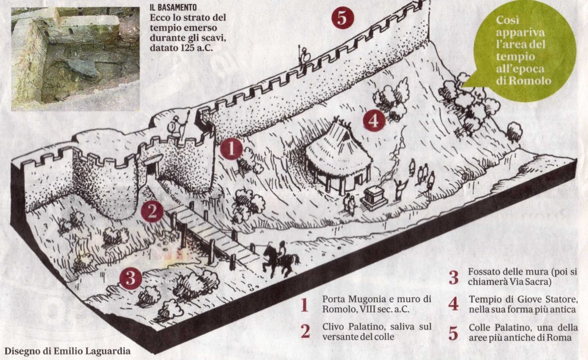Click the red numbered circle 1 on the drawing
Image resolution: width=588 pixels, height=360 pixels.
[231, 149]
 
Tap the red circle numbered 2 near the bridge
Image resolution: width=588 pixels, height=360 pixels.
[152, 211]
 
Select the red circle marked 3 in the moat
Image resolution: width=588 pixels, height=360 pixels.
[130, 278]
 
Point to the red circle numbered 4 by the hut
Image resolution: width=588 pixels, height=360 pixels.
[374, 121]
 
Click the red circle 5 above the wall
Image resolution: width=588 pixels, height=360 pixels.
[342, 17]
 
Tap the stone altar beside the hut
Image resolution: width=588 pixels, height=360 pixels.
[373, 198]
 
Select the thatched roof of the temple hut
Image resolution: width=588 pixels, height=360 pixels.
[338, 150]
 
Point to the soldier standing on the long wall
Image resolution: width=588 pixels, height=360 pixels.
[303, 56]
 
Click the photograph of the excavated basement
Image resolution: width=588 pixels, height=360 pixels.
[75, 59]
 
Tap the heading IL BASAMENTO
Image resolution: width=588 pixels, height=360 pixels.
[173, 7]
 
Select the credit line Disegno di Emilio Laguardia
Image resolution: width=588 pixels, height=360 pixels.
[68, 351]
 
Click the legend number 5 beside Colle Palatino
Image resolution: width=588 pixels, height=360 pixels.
[454, 333]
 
